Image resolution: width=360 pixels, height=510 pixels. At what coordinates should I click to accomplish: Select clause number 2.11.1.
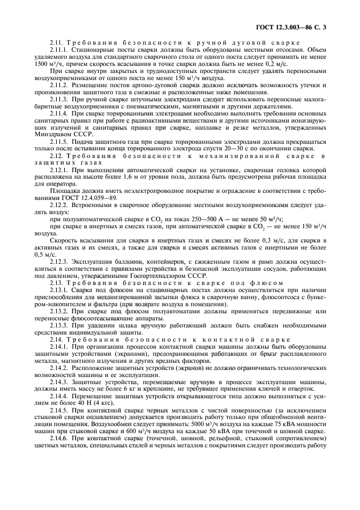pos(59,48)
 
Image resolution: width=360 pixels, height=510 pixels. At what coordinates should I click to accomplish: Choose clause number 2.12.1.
pos(59,169)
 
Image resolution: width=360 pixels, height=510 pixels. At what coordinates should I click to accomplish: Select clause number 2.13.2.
pos(59,311)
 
